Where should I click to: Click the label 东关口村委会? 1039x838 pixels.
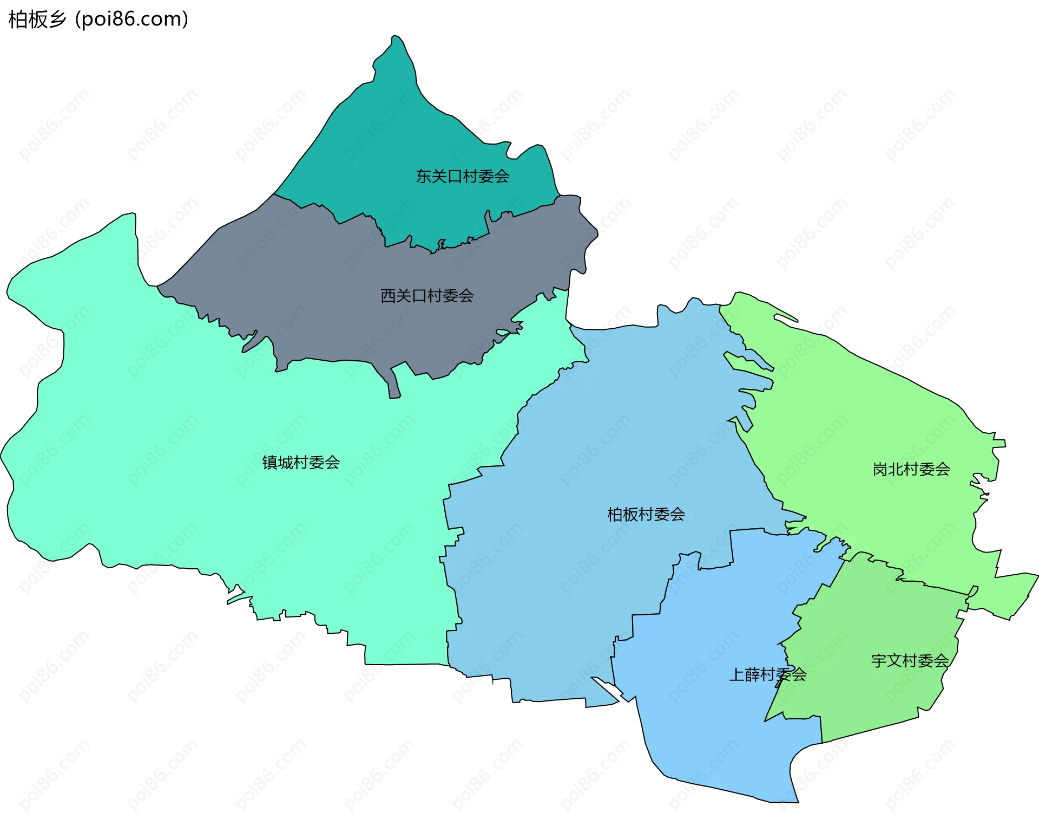[462, 177]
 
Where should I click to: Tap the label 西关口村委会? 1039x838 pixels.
[427, 296]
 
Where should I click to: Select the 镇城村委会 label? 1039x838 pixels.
[301, 463]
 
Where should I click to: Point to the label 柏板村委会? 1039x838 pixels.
[646, 515]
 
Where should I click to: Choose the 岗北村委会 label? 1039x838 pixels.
[911, 469]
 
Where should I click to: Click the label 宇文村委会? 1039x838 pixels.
[910, 661]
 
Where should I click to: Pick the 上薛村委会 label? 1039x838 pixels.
[767, 675]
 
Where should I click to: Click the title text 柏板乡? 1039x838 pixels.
[37, 20]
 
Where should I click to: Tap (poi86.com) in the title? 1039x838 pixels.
[131, 20]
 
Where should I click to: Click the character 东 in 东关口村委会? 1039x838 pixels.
[424, 177]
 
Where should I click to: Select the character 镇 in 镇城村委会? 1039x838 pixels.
[269, 463]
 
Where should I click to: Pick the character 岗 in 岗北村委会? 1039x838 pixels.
[880, 469]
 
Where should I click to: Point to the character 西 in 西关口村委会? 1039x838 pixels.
[388, 296]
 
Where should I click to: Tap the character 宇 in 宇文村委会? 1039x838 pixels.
[878, 661]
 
